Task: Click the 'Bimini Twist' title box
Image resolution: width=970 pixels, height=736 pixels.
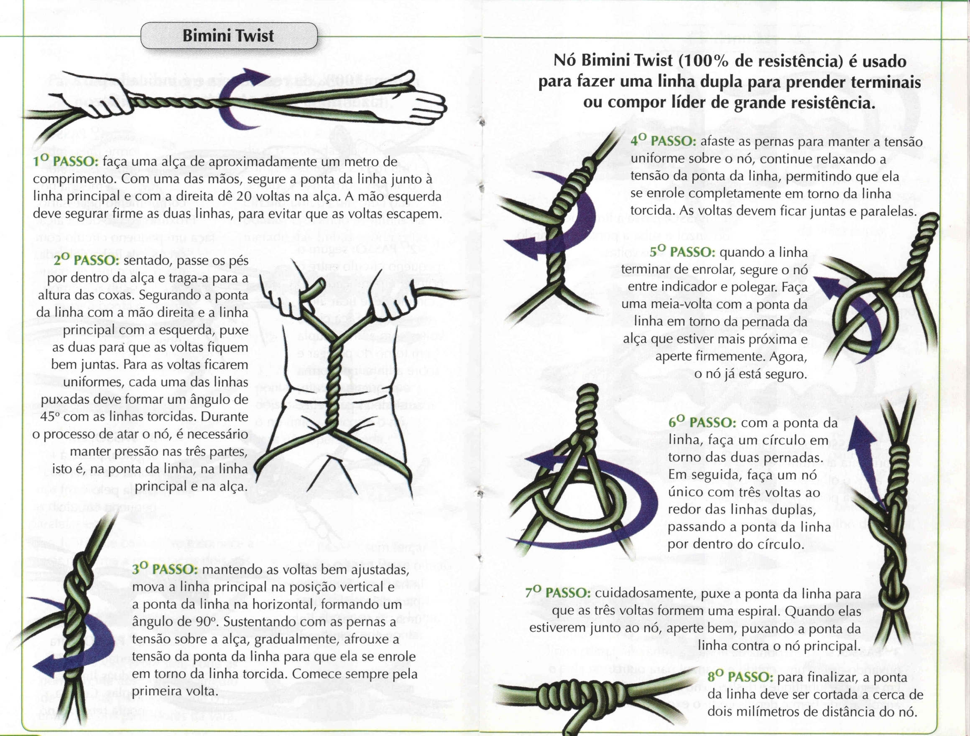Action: (x=228, y=36)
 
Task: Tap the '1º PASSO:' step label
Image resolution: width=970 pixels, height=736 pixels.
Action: (x=66, y=162)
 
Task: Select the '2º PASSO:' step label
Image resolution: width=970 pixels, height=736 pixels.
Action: (x=87, y=260)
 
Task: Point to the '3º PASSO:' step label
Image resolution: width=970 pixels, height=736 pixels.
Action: (x=165, y=569)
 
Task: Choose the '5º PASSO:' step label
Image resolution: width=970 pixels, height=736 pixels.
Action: (x=682, y=252)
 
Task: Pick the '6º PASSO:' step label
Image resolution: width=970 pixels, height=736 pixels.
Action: (x=702, y=423)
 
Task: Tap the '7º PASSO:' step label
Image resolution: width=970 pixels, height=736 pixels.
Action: (x=558, y=593)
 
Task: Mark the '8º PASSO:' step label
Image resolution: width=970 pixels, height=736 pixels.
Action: (x=740, y=677)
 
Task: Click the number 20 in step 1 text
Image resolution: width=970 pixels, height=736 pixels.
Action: (x=244, y=197)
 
